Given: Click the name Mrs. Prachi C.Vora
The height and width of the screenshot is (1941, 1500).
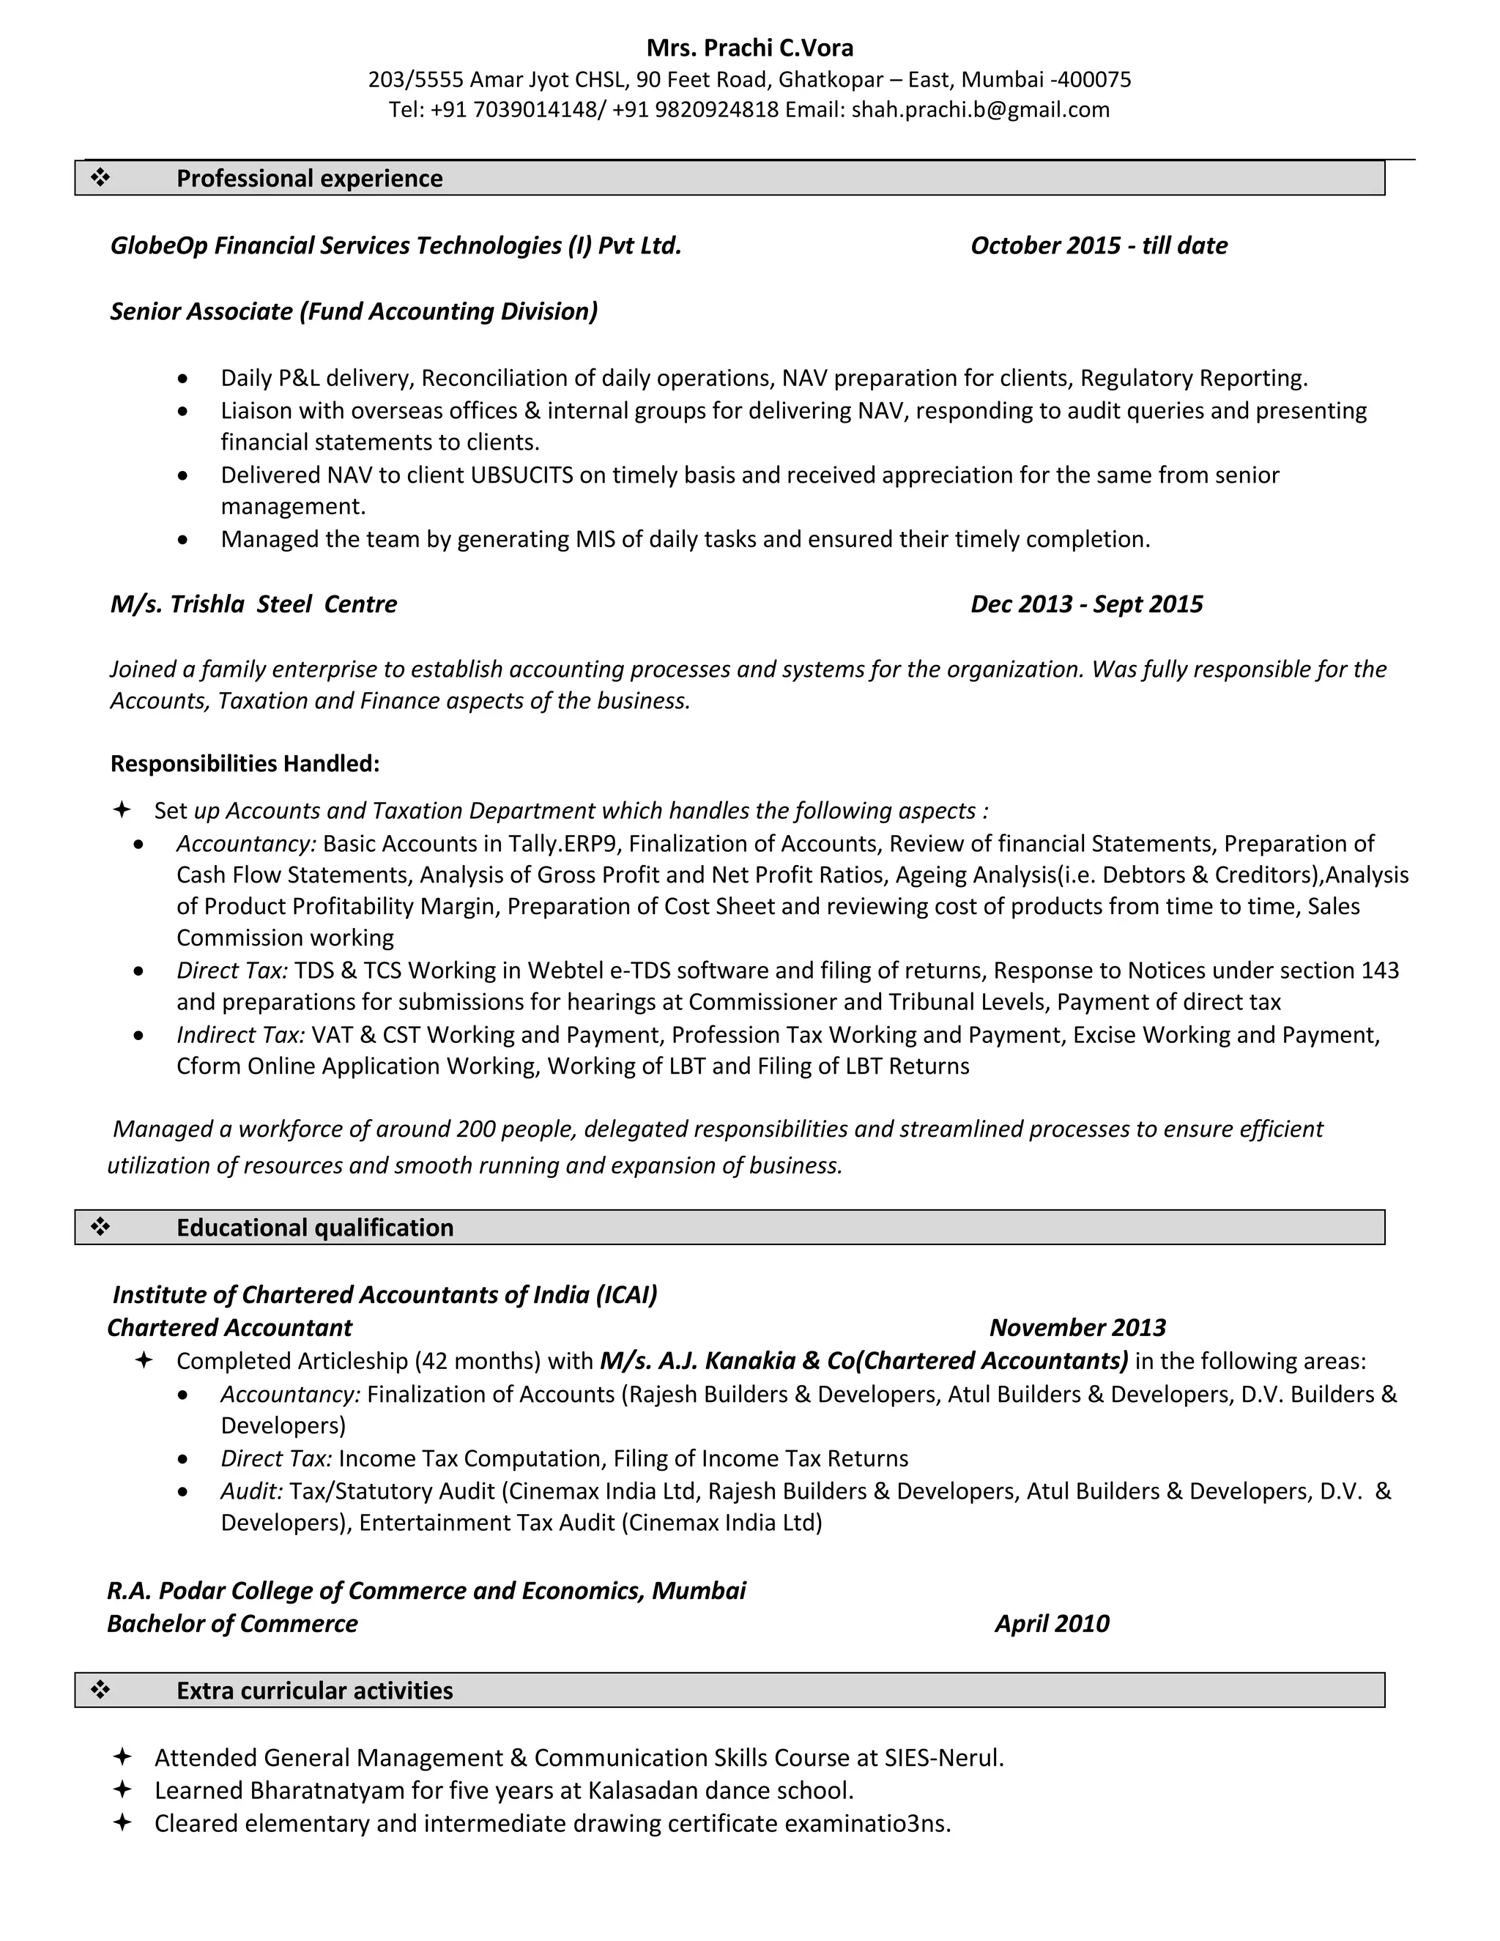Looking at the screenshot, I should point(749,48).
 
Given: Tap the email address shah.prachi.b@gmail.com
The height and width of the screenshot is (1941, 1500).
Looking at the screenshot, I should point(980,109).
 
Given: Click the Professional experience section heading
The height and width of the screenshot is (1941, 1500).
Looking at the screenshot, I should point(309,179).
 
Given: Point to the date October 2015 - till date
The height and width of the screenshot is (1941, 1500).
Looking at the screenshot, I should point(1099,245).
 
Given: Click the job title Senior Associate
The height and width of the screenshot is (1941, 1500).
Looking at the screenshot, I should point(201,311).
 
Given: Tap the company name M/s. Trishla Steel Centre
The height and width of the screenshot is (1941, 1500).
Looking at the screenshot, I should point(253,604).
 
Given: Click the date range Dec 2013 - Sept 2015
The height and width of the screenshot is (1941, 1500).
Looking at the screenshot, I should point(1086,604).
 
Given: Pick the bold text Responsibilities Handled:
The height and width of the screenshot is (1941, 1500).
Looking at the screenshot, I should point(245,763).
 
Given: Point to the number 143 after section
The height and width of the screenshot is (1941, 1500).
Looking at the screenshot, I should point(1379,970).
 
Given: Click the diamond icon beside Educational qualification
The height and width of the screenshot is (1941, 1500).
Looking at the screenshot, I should point(100,1228).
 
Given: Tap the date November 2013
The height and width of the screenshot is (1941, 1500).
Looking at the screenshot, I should point(1077,1328).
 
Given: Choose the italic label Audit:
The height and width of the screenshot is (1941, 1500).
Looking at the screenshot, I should point(251,1491).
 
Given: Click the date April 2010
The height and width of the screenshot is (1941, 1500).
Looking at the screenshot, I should point(1051,1624).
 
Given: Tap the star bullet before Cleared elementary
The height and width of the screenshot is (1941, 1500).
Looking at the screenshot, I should point(122,1824).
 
